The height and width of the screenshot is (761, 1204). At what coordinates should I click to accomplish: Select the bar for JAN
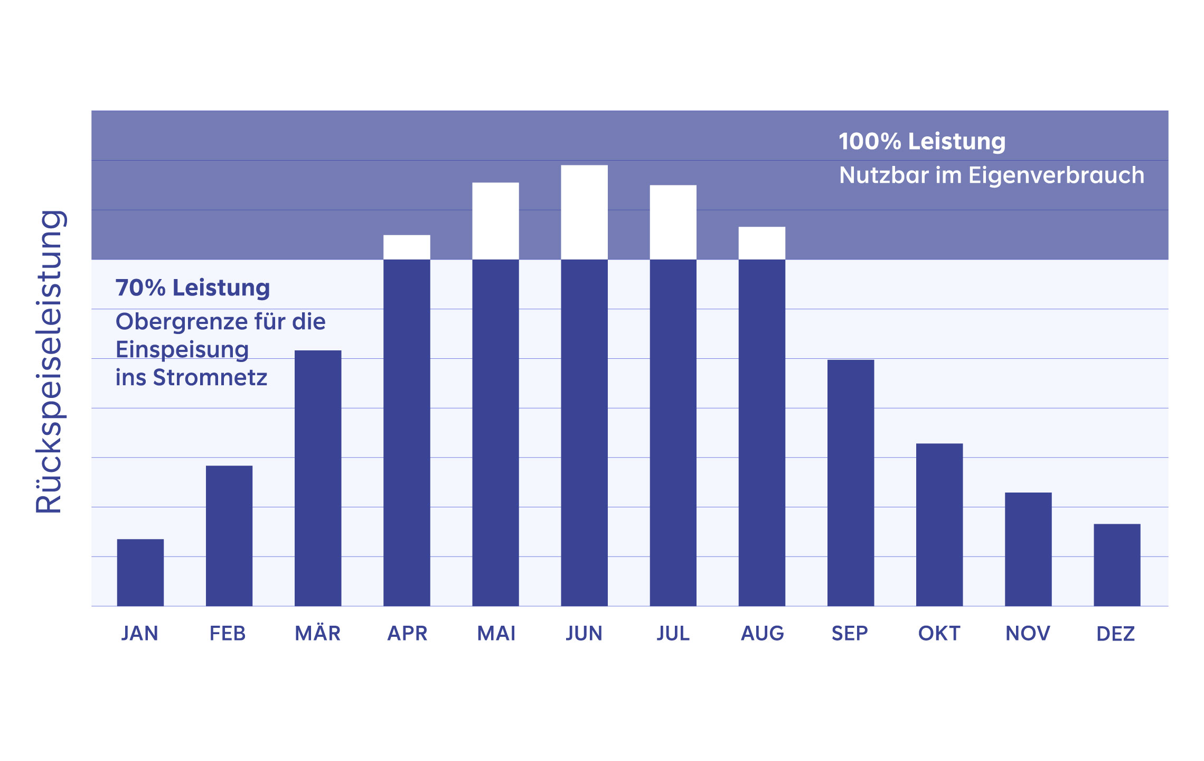tap(140, 572)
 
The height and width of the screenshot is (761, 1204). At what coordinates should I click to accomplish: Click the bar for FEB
tap(229, 535)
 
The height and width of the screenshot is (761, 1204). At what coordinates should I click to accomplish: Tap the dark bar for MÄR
tap(317, 478)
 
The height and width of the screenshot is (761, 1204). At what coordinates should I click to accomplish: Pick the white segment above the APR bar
tap(407, 247)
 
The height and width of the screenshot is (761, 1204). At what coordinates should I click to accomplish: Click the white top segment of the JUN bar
tap(584, 212)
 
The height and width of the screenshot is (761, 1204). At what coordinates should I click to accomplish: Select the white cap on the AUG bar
tap(761, 243)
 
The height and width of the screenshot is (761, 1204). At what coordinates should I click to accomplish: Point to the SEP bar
tap(850, 482)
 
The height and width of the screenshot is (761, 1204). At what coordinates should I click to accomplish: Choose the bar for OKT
tap(939, 524)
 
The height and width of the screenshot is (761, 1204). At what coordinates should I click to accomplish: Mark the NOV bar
tap(1028, 549)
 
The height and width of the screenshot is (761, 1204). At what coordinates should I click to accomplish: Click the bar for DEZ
tap(1116, 564)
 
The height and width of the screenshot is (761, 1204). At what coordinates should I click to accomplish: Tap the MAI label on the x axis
tap(496, 633)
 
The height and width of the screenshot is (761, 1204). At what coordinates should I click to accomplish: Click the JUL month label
tap(673, 633)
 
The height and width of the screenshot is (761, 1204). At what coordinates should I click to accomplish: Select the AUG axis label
tap(762, 633)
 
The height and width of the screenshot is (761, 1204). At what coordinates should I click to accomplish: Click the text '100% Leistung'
tap(921, 142)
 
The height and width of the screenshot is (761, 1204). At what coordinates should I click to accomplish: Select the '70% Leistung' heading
tap(192, 288)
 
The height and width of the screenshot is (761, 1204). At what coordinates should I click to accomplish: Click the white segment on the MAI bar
tap(495, 221)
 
